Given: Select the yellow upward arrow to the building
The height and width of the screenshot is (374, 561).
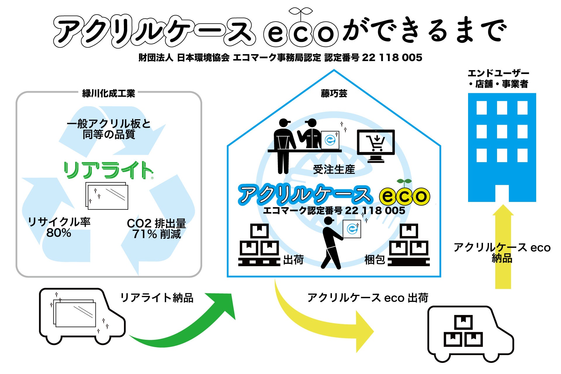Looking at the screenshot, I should click(503, 248).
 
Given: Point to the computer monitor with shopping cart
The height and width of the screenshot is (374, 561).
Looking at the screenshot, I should click(376, 145).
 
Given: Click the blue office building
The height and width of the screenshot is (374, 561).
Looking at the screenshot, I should click(502, 148).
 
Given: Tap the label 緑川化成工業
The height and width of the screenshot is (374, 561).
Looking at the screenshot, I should click(109, 93).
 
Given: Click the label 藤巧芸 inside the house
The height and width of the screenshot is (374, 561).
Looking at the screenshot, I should click(334, 93).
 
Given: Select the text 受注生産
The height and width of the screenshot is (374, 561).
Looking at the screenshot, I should click(334, 169).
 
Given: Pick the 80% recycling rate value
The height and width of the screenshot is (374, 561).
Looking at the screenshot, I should click(59, 233).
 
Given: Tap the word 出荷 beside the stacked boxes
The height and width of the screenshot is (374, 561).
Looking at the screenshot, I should click(293, 259).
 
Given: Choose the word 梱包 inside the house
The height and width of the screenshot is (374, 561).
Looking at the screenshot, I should click(375, 259).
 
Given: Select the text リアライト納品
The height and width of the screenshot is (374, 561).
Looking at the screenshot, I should click(157, 298).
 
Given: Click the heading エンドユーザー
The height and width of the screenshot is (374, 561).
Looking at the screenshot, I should click(498, 73).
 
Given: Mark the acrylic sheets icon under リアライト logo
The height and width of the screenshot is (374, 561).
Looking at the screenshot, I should click(107, 196).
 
